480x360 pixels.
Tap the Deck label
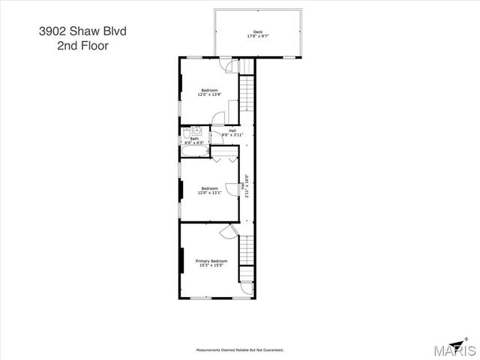(x=258, y=31)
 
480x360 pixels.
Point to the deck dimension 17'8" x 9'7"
(x=258, y=36)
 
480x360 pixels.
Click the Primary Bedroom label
(x=211, y=261)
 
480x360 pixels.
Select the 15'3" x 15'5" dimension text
(x=211, y=265)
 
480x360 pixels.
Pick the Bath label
(x=194, y=138)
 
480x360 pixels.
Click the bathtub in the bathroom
(x=194, y=152)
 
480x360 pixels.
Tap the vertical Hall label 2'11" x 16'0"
(x=247, y=186)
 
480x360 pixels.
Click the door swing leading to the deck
(x=244, y=67)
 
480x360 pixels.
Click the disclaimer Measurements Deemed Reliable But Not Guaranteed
(x=239, y=350)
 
